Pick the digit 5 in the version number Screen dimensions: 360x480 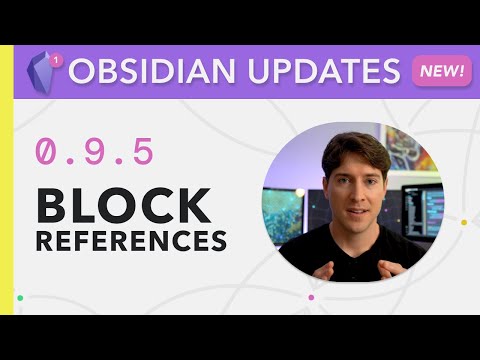(x=142, y=152)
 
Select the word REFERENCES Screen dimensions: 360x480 (x=131, y=241)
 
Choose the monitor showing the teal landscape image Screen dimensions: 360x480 (x=284, y=214)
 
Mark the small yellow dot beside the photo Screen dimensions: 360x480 (x=463, y=222)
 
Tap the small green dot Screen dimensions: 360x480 (x=20, y=297)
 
